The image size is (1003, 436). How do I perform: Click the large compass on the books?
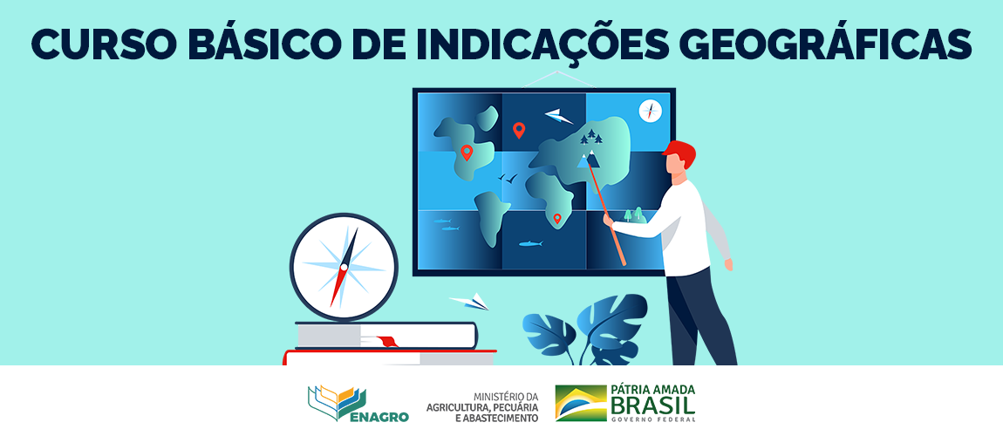(344, 267)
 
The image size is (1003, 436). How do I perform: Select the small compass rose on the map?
(650, 112)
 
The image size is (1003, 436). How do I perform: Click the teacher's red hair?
(680, 155)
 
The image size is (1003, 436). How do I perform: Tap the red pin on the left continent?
(467, 153)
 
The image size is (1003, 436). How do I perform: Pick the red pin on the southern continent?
(557, 218)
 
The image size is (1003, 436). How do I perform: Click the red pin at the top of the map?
(519, 130)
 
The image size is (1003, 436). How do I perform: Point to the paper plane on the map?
(558, 115)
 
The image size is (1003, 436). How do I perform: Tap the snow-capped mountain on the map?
(590, 159)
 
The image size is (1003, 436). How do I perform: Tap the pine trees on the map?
(592, 136)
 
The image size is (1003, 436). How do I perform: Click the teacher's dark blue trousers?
(698, 318)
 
